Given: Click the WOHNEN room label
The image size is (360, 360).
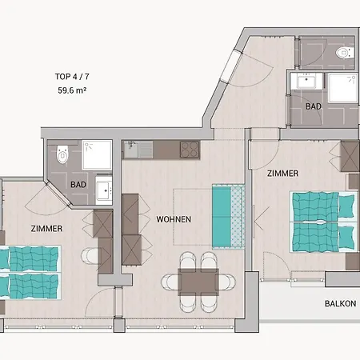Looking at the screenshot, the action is pos(174,219).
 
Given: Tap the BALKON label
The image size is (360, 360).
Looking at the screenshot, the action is pos(340,303).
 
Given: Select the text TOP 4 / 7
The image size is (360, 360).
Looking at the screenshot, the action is pos(72,77).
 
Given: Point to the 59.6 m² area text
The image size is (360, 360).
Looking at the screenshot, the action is pos(72,90).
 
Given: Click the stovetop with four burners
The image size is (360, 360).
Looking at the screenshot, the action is pos(190,150).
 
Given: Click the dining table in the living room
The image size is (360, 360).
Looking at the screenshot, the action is pos(198,282).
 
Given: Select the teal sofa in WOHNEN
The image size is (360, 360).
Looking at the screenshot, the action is pos(229,217).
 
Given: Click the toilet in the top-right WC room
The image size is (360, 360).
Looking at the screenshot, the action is pos(345,53).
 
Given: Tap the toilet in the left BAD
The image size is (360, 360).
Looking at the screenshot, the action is pos(62,154).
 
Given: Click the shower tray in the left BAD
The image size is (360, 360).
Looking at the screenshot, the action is pos(97,155).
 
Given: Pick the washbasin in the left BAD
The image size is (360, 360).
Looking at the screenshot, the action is pos(104,190).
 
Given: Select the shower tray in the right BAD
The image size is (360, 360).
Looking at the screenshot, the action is pos(342,88).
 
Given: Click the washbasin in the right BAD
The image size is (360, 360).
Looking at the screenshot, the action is pos(306,81).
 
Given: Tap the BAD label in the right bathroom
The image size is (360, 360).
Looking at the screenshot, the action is pos(314,106).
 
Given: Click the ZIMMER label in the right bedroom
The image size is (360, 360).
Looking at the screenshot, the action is pos(282,174).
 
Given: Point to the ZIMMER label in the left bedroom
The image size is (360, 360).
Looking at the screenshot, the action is pos(46,229).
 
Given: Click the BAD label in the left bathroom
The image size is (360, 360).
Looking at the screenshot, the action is pos(78,185).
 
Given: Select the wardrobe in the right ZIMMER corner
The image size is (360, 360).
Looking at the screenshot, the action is pos(350,157).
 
